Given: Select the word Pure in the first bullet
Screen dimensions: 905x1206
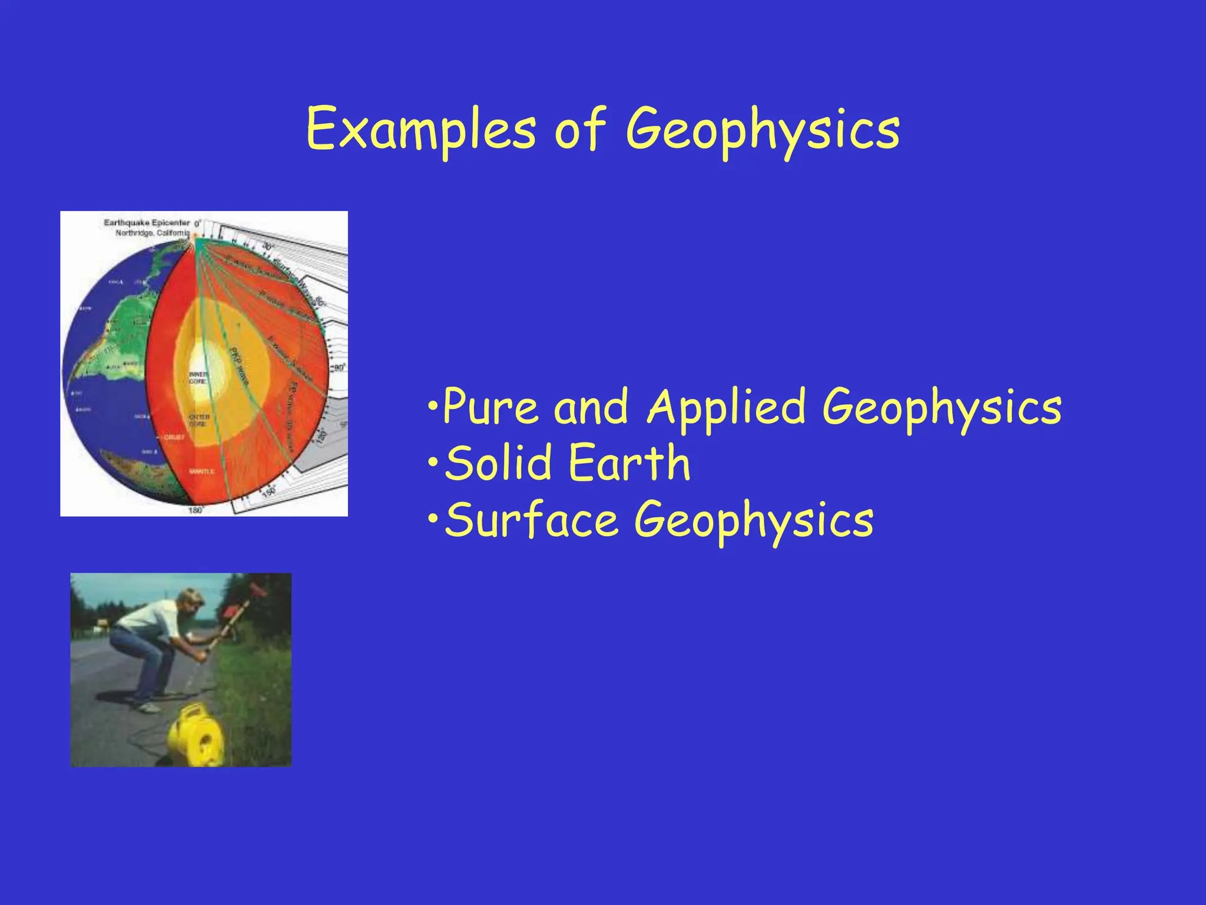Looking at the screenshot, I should pyautogui.click(x=490, y=407).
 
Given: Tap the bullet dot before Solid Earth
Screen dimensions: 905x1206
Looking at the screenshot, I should pyautogui.click(x=433, y=463).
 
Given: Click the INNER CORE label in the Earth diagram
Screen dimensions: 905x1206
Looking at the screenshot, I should pyautogui.click(x=197, y=378).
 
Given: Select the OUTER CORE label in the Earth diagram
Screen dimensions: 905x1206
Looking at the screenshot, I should pyautogui.click(x=199, y=420).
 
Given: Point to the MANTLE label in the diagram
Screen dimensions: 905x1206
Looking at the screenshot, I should pyautogui.click(x=201, y=471).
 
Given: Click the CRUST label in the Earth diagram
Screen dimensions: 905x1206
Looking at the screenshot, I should pyautogui.click(x=174, y=437).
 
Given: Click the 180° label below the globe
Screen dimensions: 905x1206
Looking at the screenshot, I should pyautogui.click(x=196, y=510).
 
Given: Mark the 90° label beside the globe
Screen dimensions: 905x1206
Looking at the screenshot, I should pyautogui.click(x=340, y=368).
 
